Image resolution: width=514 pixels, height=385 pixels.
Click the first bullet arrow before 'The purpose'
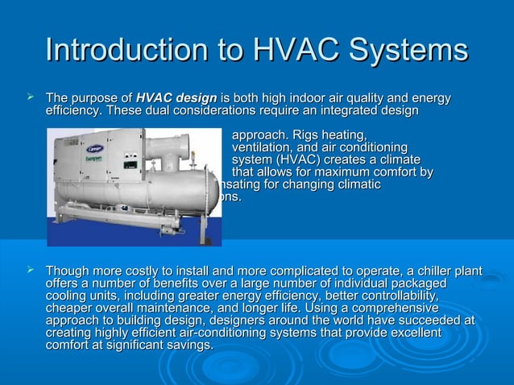click(30, 97)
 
